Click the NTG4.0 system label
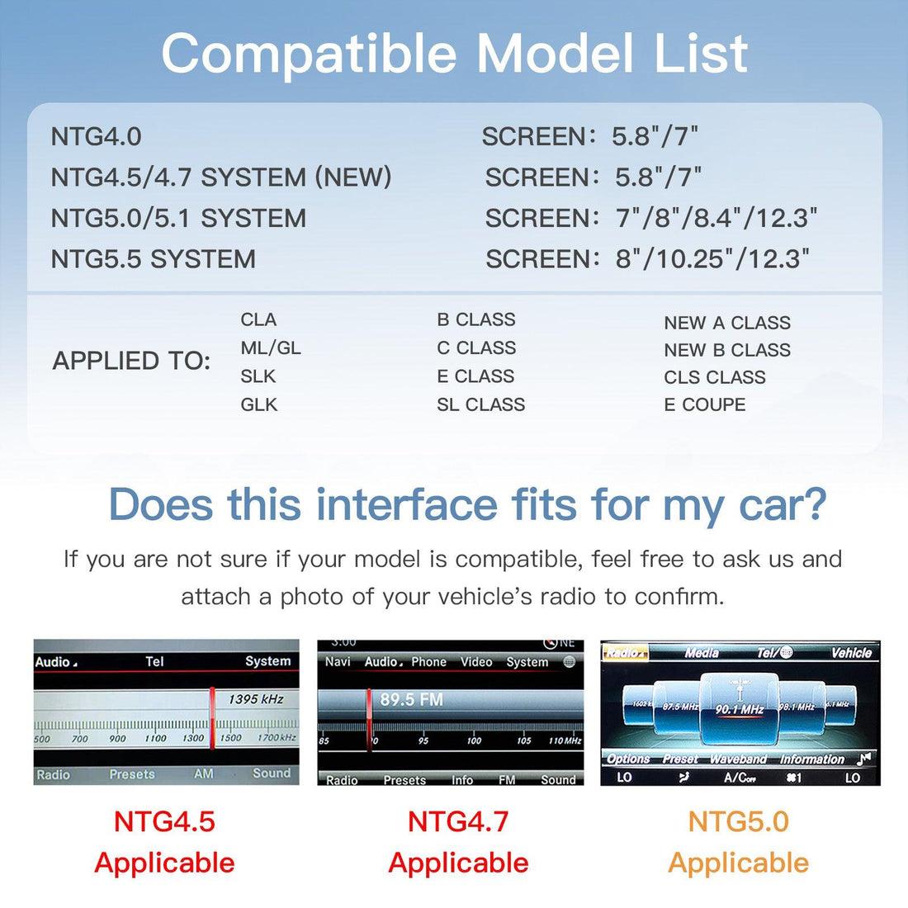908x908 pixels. (96, 136)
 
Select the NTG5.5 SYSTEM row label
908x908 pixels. (153, 259)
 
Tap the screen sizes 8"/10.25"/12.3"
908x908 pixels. (712, 259)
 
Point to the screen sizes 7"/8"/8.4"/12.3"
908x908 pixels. (716, 219)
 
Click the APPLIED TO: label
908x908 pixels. (132, 361)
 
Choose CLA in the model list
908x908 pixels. (258, 319)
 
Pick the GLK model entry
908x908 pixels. (259, 404)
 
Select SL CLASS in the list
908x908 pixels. (480, 404)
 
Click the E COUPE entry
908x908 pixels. (704, 404)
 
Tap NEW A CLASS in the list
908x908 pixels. (726, 323)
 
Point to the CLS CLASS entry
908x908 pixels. (714, 377)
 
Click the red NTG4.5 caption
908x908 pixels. (164, 821)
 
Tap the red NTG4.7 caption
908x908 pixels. (458, 821)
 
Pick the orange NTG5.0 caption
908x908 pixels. (738, 821)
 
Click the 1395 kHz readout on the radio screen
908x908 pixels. (256, 699)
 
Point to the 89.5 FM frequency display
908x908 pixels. (411, 699)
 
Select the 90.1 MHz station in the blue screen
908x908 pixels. (739, 709)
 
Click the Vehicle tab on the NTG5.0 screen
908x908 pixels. (851, 653)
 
